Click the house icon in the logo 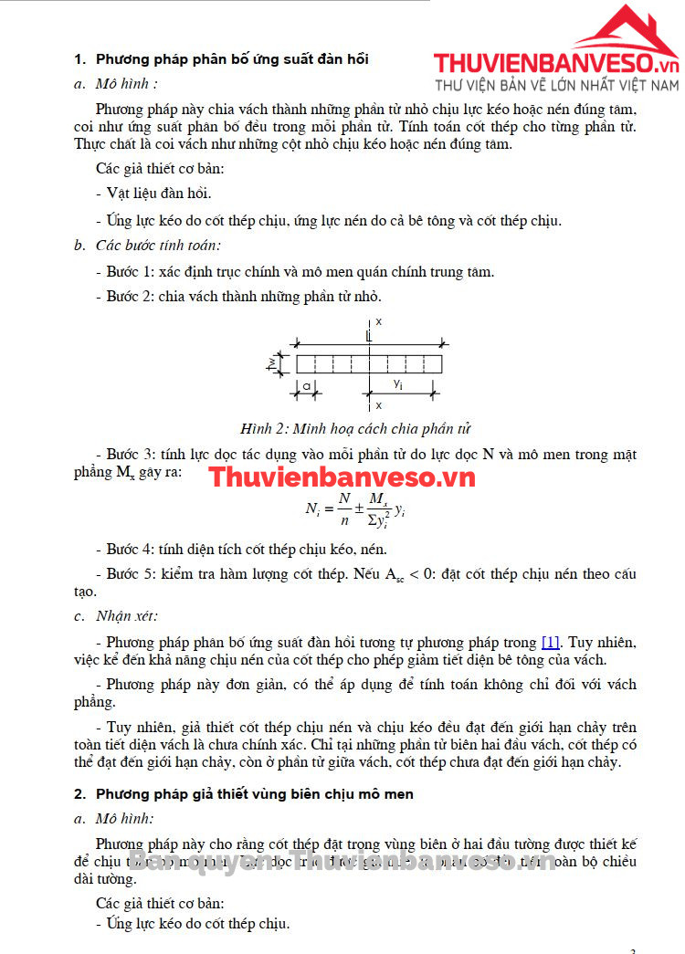click(627, 33)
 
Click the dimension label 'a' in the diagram click(307, 387)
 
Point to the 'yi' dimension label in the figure click(398, 384)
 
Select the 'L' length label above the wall click(367, 337)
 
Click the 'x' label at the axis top click(377, 322)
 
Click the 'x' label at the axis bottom click(377, 404)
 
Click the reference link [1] click(551, 642)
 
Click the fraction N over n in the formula click(343, 508)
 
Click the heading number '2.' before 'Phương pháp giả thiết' click(79, 794)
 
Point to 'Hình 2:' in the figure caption click(263, 428)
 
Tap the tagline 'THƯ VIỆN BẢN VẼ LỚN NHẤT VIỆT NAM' click(557, 85)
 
